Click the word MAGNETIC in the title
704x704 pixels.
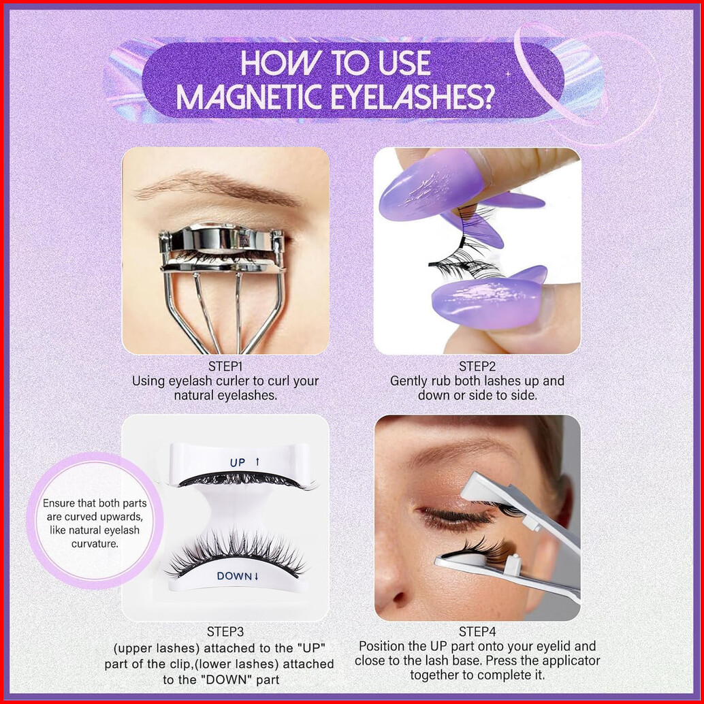coord(249,96)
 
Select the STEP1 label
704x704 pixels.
coord(225,366)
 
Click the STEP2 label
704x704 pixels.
coord(477,366)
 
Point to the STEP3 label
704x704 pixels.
coord(225,632)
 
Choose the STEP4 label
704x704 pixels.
coord(477,632)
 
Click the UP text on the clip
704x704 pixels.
coord(238,462)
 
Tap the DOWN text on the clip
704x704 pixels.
coord(234,576)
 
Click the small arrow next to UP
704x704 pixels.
coord(258,462)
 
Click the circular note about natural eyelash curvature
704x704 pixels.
coord(95,523)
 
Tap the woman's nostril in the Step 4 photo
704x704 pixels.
coord(399,598)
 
